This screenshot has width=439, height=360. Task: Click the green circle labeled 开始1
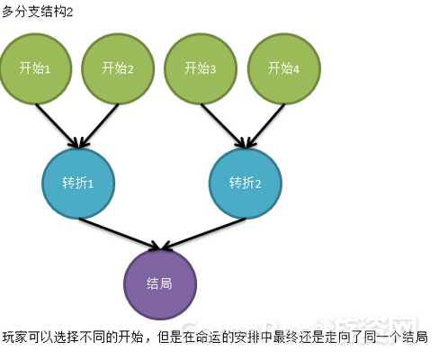tap(36, 68)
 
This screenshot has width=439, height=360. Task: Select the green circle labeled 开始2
tap(118, 68)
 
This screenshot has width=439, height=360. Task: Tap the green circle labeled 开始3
tap(201, 68)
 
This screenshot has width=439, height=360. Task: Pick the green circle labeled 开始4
tap(283, 68)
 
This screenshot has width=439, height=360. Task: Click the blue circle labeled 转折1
tap(78, 184)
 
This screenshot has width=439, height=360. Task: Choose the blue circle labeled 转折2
tap(246, 184)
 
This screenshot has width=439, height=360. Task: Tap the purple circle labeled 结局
tap(160, 284)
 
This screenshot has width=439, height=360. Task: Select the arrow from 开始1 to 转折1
tap(58, 126)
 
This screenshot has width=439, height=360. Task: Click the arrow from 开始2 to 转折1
tap(99, 126)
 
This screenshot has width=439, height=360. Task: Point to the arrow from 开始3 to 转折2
tap(224, 126)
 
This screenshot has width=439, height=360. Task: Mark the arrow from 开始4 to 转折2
tap(265, 126)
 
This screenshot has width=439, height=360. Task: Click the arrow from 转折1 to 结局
tap(120, 234)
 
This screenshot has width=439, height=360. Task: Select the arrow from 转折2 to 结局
tap(204, 234)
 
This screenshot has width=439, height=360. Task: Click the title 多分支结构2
tap(37, 13)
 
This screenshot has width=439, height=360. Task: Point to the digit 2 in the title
tap(69, 13)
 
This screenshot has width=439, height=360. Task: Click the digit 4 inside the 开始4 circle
tap(296, 70)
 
